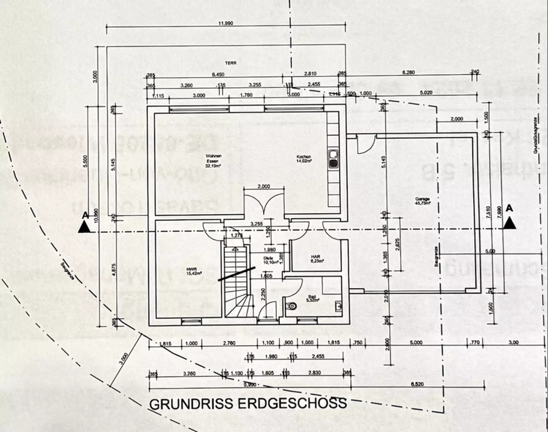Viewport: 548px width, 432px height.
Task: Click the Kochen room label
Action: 304,159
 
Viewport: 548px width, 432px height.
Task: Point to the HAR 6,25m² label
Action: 315,259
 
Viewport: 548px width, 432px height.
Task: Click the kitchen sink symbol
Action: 333,159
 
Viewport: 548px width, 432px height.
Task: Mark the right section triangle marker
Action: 509,223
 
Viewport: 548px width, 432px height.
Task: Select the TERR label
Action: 231,63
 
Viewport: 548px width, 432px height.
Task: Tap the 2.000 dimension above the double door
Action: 264,187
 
